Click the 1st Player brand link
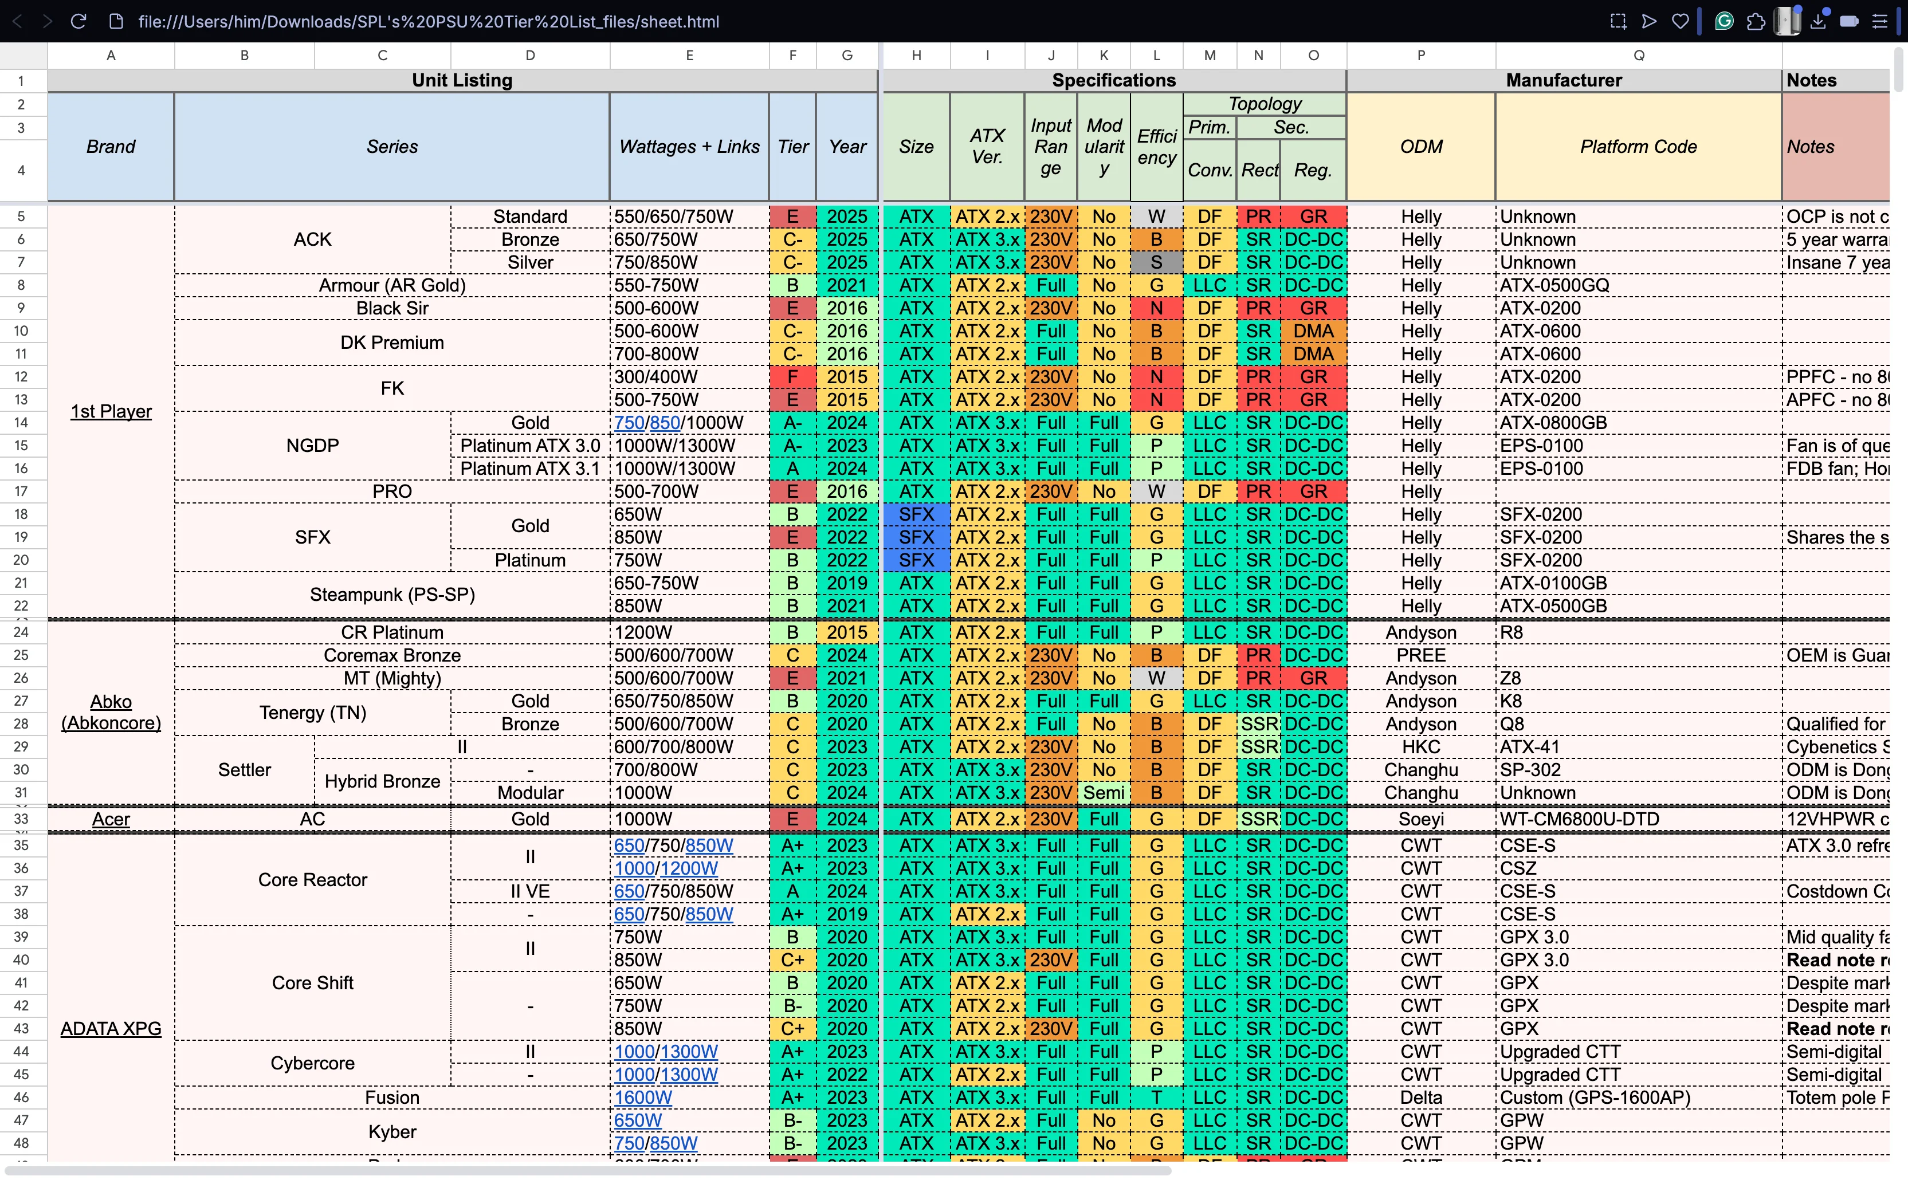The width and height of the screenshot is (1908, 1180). [x=111, y=411]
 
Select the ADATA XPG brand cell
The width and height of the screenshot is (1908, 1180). [x=111, y=1029]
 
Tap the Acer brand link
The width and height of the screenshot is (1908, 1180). [x=111, y=819]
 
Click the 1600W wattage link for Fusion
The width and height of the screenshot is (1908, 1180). [x=642, y=1098]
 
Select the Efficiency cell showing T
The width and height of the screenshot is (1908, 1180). [x=1156, y=1098]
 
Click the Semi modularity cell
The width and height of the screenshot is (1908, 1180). [x=1103, y=792]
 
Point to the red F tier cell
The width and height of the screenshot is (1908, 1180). [x=792, y=377]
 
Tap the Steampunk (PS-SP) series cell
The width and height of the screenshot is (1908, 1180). [x=392, y=595]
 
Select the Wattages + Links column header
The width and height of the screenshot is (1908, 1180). [x=689, y=147]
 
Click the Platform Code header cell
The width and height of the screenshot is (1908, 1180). [x=1638, y=147]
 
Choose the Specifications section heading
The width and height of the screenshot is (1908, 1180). [x=1113, y=80]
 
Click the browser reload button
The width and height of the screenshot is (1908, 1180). [x=78, y=21]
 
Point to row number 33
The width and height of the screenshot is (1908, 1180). [x=21, y=819]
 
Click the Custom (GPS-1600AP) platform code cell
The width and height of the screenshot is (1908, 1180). [x=1595, y=1098]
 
